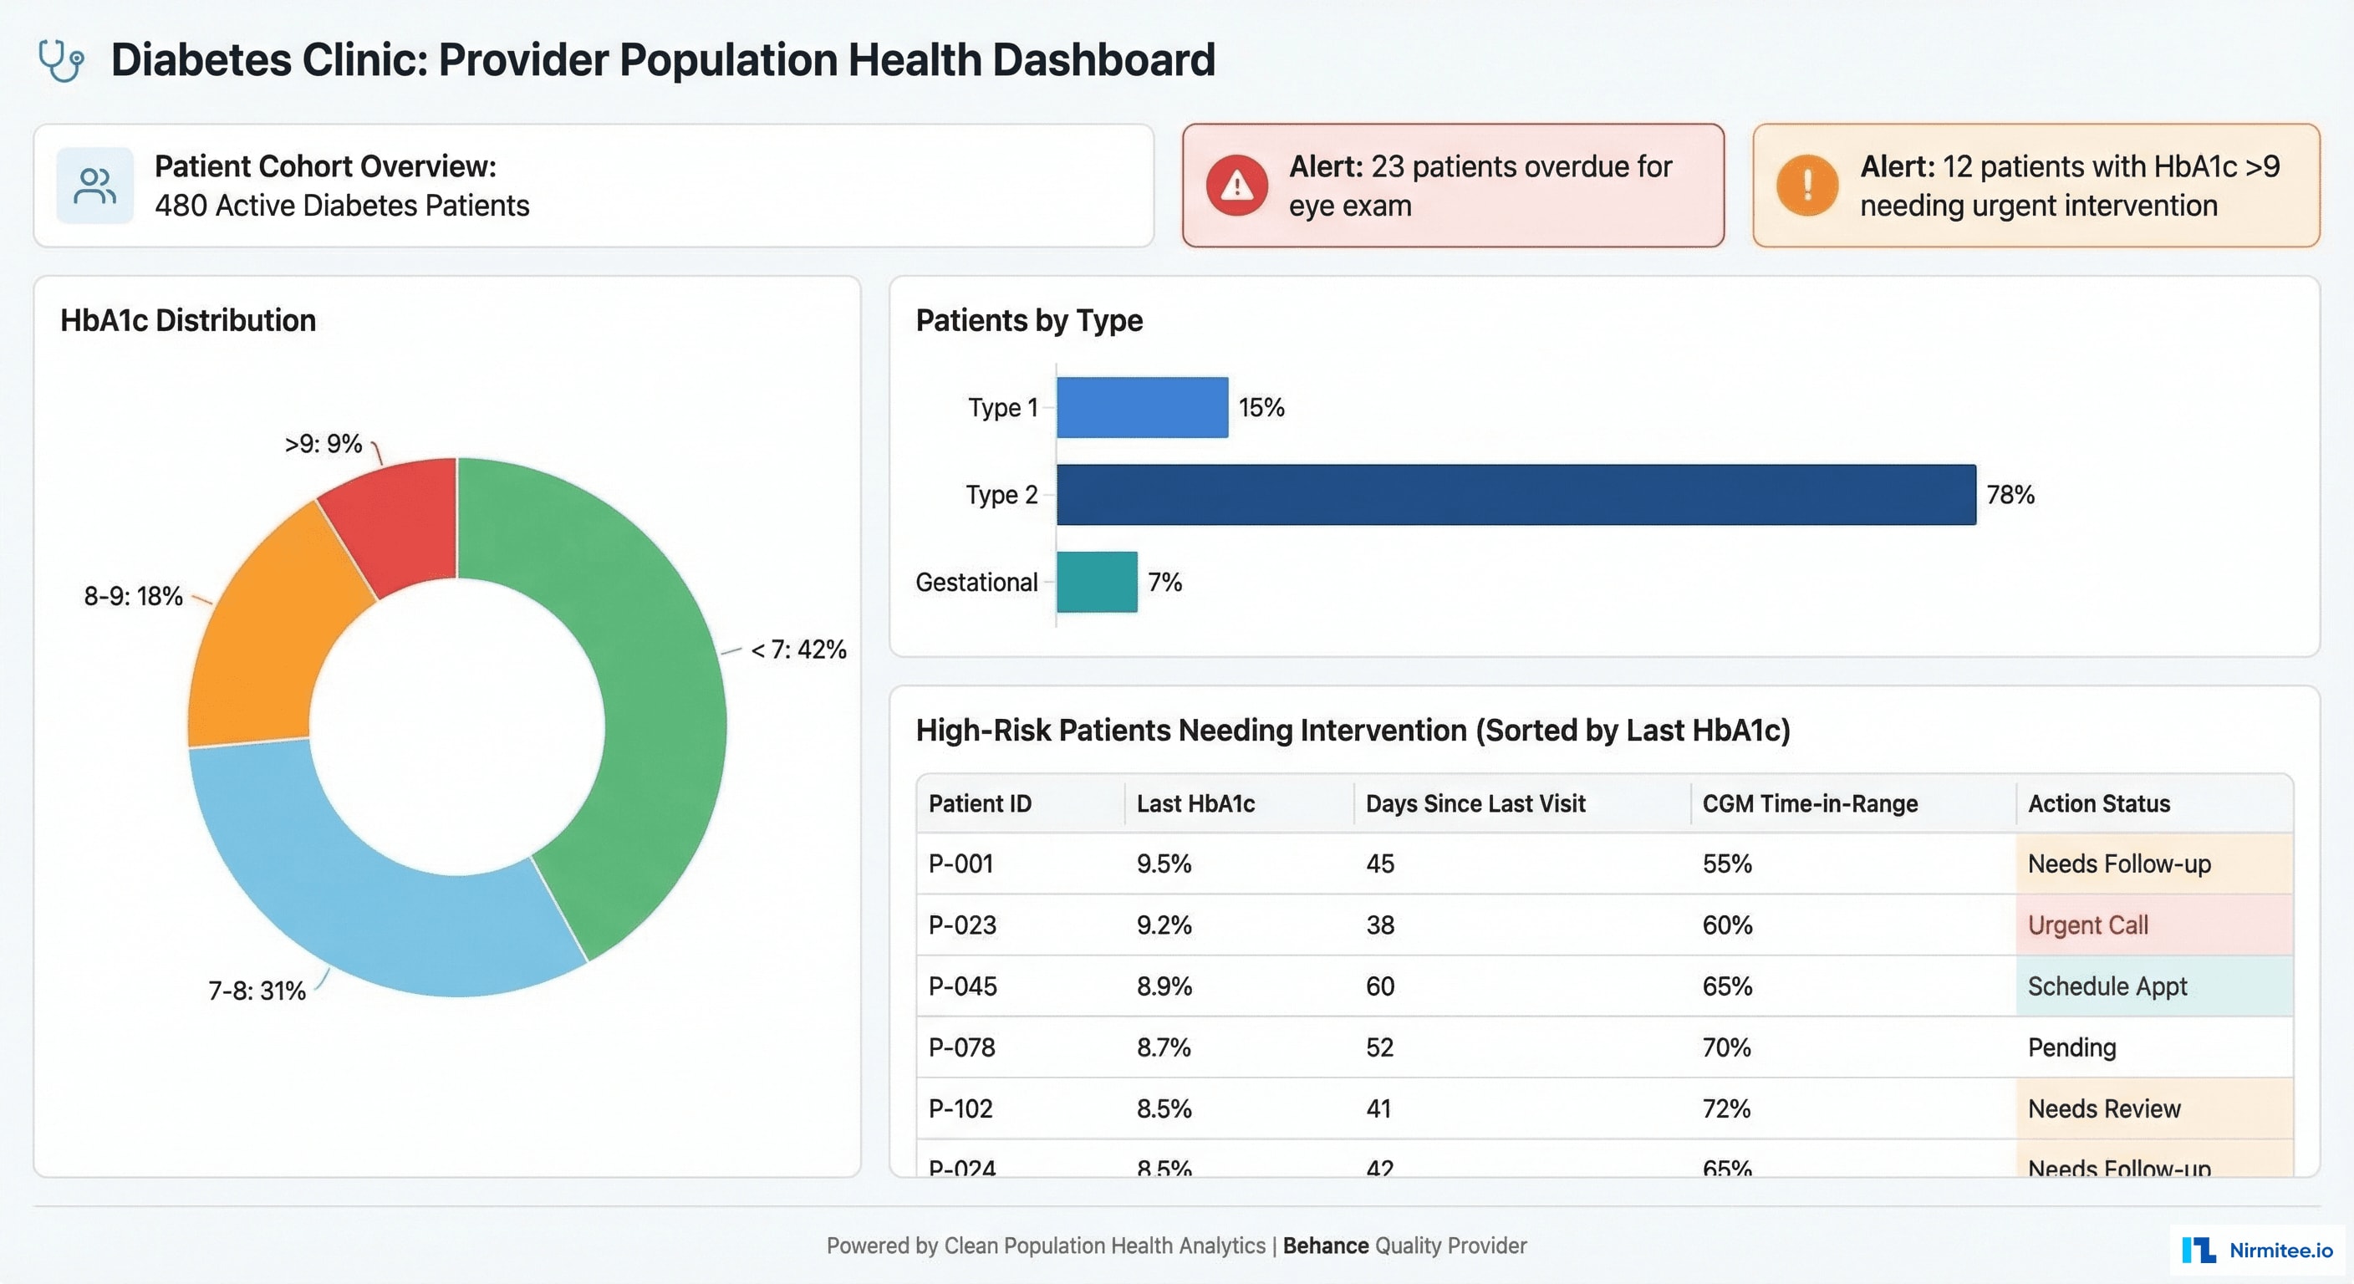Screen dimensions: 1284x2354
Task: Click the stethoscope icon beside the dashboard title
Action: click(61, 61)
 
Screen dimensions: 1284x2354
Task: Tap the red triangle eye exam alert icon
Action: click(1236, 186)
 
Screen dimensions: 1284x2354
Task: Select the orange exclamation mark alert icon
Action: click(1806, 186)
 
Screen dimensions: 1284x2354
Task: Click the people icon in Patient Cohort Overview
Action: click(95, 186)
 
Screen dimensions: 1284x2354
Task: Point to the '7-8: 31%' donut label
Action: click(257, 991)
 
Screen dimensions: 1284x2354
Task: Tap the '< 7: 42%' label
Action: click(798, 650)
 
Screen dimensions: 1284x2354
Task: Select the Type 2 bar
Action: click(1515, 494)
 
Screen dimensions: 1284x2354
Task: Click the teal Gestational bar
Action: click(1097, 582)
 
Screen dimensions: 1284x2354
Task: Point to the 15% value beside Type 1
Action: click(1261, 408)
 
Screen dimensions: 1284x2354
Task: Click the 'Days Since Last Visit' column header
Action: click(1475, 803)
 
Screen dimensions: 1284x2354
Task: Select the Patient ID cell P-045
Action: click(962, 986)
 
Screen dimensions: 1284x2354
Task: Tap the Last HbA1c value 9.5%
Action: click(1164, 864)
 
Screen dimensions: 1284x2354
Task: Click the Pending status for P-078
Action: click(2071, 1047)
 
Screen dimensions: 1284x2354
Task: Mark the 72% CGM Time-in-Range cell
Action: click(1726, 1108)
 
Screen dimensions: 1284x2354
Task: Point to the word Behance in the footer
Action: click(1325, 1246)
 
